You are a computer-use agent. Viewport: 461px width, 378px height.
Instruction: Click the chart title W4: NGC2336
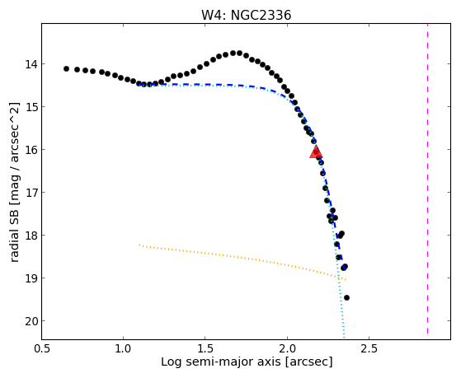[246, 15]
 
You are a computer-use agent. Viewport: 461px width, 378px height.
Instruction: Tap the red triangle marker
[316, 152]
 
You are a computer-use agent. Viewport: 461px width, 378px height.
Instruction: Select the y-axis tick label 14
[31, 64]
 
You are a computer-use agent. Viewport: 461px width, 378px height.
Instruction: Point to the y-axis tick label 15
[31, 107]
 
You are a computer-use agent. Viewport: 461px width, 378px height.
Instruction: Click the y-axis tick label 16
[31, 150]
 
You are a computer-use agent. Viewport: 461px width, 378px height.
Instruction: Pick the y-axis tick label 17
[31, 193]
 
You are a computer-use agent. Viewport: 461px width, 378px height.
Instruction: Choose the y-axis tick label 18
[31, 236]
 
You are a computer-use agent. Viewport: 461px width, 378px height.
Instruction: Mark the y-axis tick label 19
[31, 278]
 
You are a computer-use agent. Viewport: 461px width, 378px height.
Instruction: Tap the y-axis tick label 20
[31, 321]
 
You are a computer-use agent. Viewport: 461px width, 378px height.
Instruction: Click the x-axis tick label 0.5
[42, 348]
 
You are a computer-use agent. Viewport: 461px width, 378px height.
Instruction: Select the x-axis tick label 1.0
[124, 348]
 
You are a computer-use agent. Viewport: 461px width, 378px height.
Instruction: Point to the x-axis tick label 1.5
[205, 348]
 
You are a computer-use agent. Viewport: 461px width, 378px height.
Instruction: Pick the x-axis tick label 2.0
[287, 348]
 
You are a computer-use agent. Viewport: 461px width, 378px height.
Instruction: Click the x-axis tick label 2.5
[369, 348]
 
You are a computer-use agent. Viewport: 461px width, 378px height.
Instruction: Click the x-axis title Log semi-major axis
[221, 362]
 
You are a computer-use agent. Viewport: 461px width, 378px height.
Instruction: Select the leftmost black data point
[66, 68]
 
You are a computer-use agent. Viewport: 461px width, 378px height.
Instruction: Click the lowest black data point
[346, 297]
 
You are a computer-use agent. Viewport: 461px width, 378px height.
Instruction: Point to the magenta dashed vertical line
[427, 179]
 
